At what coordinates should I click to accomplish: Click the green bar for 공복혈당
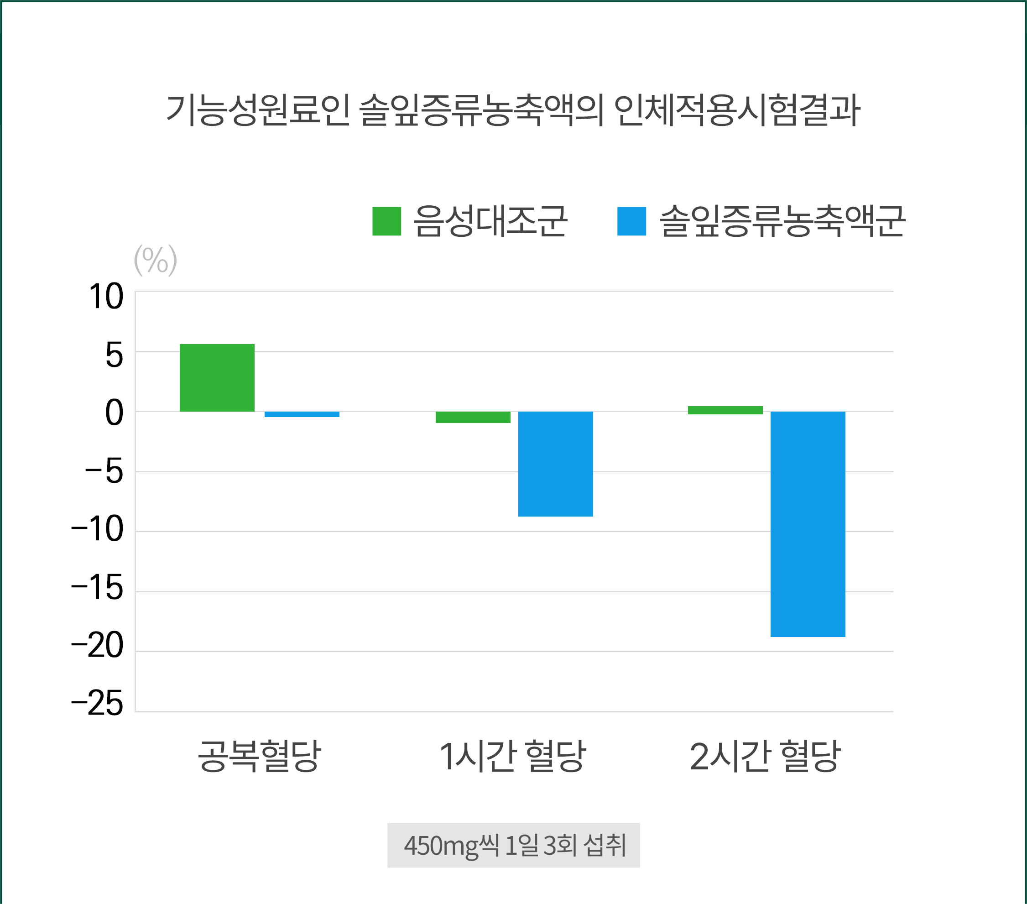pos(217,377)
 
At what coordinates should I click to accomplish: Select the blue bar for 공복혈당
pos(302,414)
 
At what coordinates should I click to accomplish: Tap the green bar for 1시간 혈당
pos(473,417)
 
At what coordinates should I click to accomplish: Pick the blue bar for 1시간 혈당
pos(555,464)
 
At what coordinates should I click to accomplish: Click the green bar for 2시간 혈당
pos(725,410)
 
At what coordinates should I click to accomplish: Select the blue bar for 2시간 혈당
pos(808,524)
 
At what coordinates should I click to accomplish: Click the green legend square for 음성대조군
pos(386,221)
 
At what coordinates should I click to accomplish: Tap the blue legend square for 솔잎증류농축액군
pos(631,221)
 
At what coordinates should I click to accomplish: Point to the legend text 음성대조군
pos(490,221)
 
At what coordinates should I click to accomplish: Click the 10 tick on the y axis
pos(106,297)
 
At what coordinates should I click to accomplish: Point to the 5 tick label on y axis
pos(114,356)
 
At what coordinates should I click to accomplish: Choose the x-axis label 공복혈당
pos(259,756)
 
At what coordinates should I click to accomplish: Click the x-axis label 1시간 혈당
pos(512,756)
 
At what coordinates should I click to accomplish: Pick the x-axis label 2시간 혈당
pos(765,756)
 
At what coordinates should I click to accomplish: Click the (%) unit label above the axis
pos(155,260)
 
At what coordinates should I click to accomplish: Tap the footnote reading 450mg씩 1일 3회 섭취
pos(514,845)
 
